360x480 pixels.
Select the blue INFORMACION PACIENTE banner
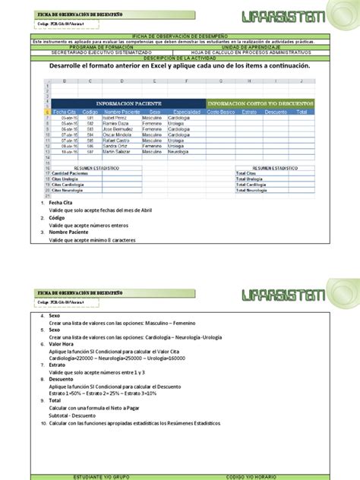pyautogui.click(x=126, y=103)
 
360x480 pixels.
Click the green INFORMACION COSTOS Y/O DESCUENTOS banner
pyautogui.click(x=259, y=103)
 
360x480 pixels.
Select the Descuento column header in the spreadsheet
pyautogui.click(x=276, y=112)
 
